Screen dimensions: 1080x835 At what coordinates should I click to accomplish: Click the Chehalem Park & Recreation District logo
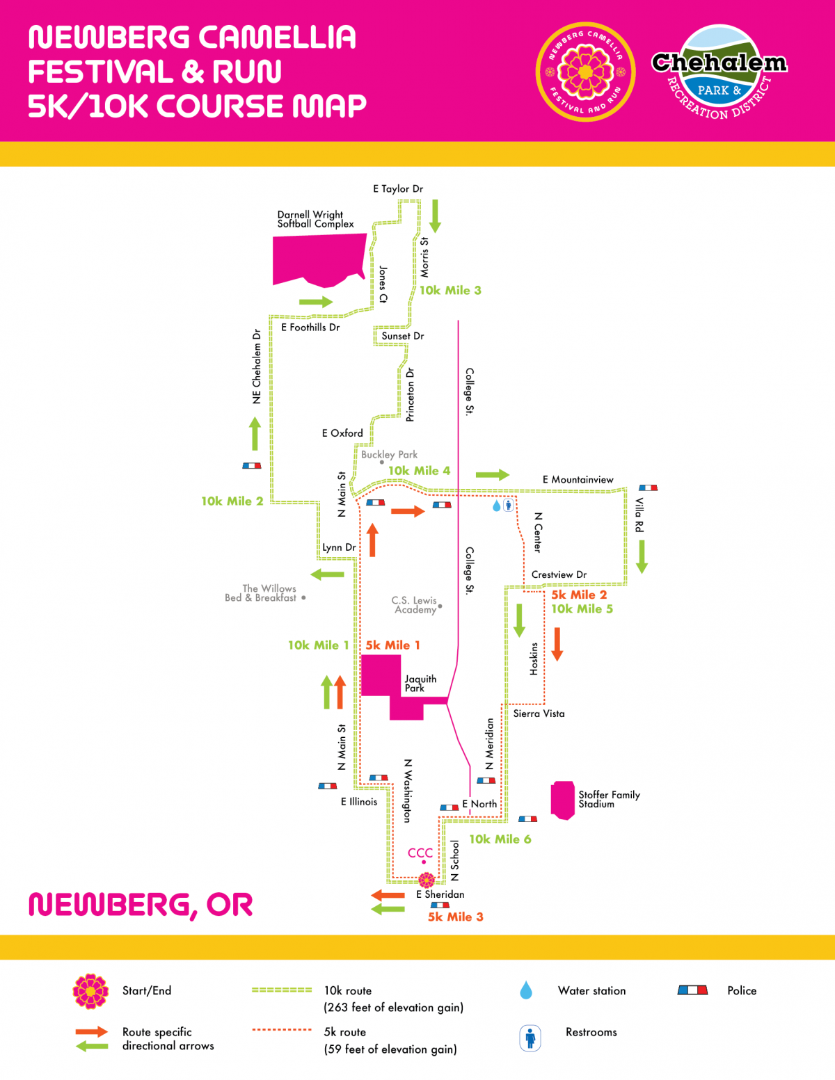pos(719,72)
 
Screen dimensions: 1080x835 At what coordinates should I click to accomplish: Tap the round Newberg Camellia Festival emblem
pos(585,72)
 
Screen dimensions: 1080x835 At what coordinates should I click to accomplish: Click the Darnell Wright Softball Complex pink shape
pos(319,259)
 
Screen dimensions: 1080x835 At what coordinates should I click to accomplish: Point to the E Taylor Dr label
pos(397,188)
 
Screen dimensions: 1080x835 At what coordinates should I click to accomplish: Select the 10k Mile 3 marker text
pos(450,290)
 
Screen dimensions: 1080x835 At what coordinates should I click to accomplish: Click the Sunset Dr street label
pos(402,336)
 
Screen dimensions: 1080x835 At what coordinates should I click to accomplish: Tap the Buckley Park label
pos(389,454)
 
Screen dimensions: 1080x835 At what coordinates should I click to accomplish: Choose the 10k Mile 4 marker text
pos(419,471)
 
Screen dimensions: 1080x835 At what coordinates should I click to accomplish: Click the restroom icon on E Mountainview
pos(509,506)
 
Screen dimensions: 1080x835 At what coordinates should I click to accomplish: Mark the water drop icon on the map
pos(496,506)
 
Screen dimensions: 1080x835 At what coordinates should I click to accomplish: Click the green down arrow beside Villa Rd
pos(642,556)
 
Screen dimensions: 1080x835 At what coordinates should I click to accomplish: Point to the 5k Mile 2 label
pos(579,595)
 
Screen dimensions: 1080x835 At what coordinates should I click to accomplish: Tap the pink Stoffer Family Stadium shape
pos(563,800)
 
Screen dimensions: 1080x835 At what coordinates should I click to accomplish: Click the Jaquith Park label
pos(420,683)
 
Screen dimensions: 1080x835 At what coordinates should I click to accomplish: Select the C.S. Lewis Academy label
pos(415,604)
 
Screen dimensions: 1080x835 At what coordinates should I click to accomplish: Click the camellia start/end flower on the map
pos(427,880)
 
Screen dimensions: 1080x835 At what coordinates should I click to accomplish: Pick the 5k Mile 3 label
pos(455,917)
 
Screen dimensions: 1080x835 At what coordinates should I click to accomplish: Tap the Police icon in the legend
pos(692,990)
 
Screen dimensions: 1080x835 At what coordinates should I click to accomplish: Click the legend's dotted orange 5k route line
pos(282,1029)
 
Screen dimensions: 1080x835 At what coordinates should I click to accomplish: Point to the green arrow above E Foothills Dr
pos(316,302)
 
